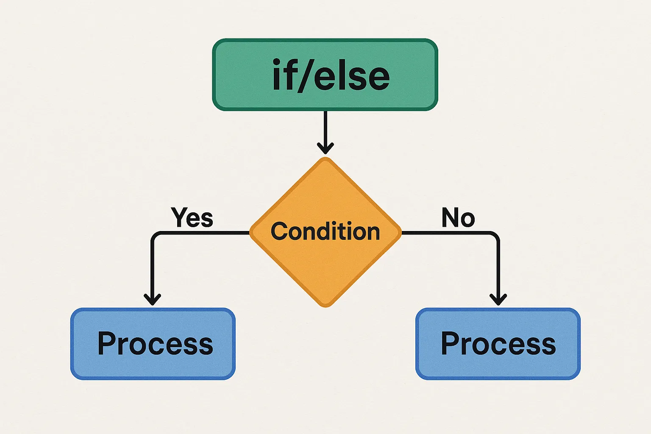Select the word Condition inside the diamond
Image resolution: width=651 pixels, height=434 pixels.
[x=325, y=231]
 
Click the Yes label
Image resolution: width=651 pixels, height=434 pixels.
[x=192, y=217]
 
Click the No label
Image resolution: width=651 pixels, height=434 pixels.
[x=458, y=217]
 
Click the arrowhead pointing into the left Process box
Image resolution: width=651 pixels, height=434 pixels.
[x=152, y=300]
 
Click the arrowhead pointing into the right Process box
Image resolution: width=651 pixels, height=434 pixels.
[x=498, y=300]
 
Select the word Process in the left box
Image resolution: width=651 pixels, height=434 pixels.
[x=155, y=343]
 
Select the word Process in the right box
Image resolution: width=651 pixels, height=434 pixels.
[x=498, y=343]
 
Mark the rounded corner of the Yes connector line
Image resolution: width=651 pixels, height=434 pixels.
[x=154, y=235]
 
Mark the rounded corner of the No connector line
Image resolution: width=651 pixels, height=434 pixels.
[x=495, y=235]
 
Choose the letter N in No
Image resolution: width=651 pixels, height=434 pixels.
[x=450, y=217]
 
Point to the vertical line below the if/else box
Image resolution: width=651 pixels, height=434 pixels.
[x=325, y=127]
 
